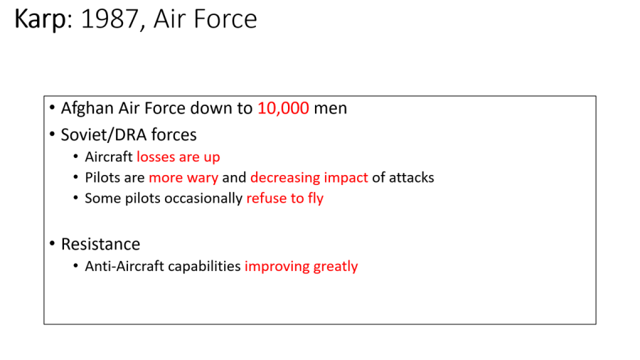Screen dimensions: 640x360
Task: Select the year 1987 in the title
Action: pos(110,18)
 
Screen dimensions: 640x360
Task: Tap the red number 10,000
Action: pos(283,109)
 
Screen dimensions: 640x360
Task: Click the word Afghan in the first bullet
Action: pos(87,109)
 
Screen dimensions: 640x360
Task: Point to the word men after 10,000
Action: pos(330,109)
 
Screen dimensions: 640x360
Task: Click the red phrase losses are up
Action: pos(178,157)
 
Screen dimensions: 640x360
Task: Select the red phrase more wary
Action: pos(183,178)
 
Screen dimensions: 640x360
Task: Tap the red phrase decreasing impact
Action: pos(309,178)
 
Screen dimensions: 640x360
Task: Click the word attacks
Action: pos(412,178)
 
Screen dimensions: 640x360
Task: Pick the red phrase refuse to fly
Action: pos(285,198)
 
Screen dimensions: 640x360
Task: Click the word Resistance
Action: pos(100,244)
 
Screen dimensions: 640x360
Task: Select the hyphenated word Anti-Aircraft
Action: pos(124,266)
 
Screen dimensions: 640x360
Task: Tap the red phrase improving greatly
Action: pos(302,267)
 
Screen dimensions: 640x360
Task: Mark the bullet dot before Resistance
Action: pos(52,243)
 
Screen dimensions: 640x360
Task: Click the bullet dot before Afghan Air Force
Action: pos(52,107)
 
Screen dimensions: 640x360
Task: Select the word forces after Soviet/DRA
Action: pos(174,134)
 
